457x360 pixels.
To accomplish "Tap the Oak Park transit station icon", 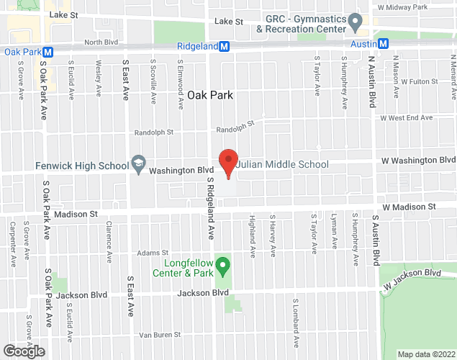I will tap(48, 52).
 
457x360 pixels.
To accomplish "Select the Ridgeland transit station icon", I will tap(225, 46).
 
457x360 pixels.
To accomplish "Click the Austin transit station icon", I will tap(384, 43).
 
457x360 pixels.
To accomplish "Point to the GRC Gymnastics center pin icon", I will tap(354, 24).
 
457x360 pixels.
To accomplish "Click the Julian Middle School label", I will tap(284, 165).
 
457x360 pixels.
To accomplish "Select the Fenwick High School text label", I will tap(81, 166).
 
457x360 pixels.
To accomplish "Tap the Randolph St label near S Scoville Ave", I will tap(154, 132).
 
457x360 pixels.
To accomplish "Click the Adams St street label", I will tap(153, 253).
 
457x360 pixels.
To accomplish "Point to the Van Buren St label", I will tap(158, 334).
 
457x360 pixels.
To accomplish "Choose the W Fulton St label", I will tap(420, 82).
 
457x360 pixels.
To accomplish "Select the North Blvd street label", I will tap(100, 42).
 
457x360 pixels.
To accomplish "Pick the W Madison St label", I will tap(409, 207).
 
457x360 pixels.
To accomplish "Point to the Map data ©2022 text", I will tap(426, 354).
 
